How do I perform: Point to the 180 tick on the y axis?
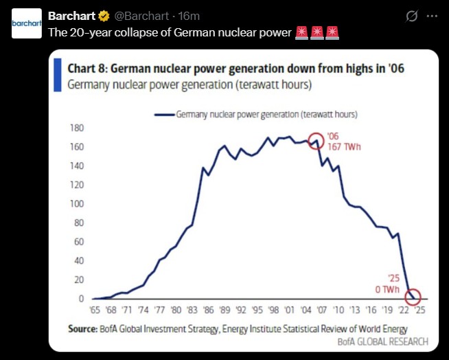tap(76, 128)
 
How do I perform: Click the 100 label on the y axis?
tap(76, 204)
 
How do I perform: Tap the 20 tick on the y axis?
tap(78, 280)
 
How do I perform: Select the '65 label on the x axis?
tap(94, 309)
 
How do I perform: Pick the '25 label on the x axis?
tap(419, 309)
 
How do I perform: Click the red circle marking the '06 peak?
tap(316, 142)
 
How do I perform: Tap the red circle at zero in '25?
tap(413, 297)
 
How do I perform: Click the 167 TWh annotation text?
tap(343, 147)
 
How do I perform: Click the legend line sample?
tap(163, 115)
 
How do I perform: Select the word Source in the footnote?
tap(81, 329)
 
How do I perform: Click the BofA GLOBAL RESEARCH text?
tap(382, 341)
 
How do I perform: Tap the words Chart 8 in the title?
tap(87, 68)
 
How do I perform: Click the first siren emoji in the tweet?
tap(301, 33)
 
